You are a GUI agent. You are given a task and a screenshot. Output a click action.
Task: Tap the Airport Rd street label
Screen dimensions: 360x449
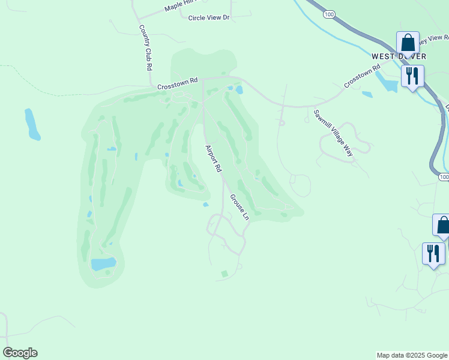coord(213,159)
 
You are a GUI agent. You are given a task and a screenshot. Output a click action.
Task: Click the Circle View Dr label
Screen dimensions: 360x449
coord(209,18)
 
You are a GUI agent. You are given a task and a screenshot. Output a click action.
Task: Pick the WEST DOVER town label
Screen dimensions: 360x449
coord(399,56)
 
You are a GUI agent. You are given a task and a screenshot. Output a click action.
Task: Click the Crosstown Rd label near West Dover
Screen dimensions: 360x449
coord(363,77)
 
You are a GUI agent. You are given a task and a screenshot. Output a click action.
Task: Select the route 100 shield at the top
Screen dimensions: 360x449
coord(328,13)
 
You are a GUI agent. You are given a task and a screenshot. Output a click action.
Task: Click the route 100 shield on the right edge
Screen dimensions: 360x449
coord(443,177)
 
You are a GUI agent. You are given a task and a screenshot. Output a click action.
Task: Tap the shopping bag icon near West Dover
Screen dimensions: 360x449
coord(408,43)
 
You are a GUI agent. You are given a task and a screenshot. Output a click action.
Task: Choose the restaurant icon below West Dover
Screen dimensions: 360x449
coord(412,76)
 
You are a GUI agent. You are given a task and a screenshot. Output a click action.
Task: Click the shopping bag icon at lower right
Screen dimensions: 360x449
coord(442,225)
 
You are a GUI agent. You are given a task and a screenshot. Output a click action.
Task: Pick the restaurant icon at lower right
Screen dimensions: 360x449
coord(433,253)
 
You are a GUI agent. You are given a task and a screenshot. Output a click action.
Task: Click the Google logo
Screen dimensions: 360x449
coord(20,353)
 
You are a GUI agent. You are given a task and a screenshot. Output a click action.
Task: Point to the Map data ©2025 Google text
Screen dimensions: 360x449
coord(412,355)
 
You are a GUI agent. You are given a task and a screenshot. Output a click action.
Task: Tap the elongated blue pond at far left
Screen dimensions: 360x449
coord(31,124)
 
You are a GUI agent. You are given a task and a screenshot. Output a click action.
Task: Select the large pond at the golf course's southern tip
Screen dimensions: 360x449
coord(103,264)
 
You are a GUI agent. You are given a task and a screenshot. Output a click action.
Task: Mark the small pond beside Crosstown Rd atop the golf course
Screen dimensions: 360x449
coord(240,91)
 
